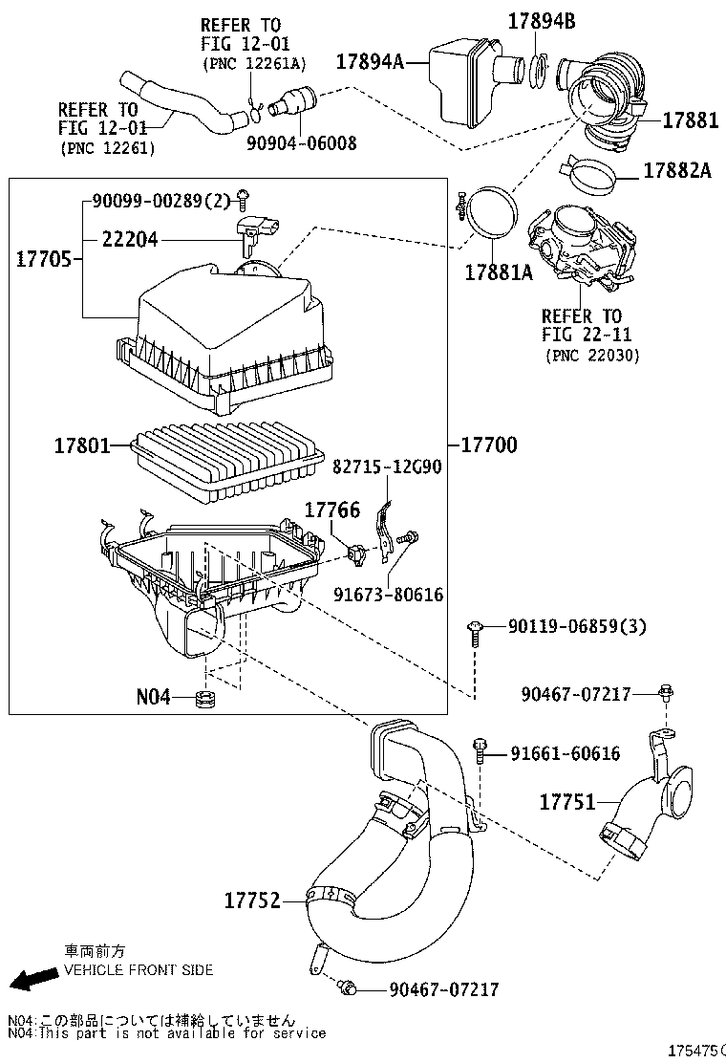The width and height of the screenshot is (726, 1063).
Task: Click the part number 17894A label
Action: (369, 61)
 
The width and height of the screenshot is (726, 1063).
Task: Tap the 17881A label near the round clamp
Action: (498, 272)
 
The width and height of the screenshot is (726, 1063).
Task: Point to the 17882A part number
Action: (676, 170)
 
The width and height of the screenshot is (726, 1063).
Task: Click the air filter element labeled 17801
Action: (224, 463)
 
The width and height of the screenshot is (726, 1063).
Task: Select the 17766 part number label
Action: (331, 511)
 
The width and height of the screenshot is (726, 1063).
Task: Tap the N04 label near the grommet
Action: (154, 697)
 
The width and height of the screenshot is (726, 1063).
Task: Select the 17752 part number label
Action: (252, 900)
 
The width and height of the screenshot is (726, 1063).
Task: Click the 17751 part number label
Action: (566, 802)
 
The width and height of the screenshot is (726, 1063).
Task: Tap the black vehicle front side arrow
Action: (32, 980)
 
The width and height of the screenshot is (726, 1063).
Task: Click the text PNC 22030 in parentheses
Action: (592, 355)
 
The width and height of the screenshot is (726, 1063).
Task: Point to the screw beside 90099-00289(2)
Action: (245, 200)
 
